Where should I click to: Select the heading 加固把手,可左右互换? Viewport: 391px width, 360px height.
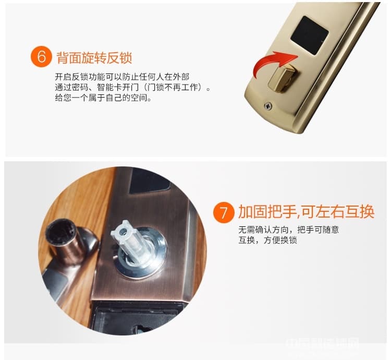coord(306,212)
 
